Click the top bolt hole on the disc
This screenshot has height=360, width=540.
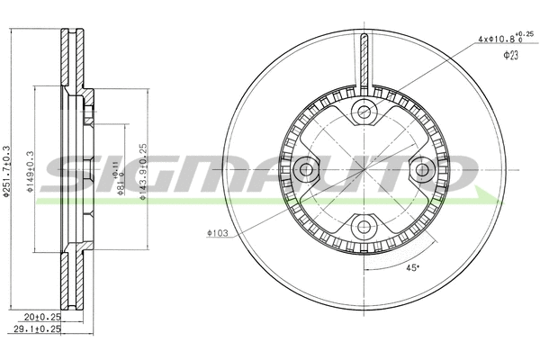[x=364, y=112]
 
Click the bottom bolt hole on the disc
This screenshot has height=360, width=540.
[x=364, y=226]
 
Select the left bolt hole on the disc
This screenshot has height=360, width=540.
[x=306, y=169]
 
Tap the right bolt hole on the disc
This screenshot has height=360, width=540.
[x=421, y=169]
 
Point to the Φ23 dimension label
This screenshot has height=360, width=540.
[x=510, y=56]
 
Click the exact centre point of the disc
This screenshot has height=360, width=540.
[x=364, y=169]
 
